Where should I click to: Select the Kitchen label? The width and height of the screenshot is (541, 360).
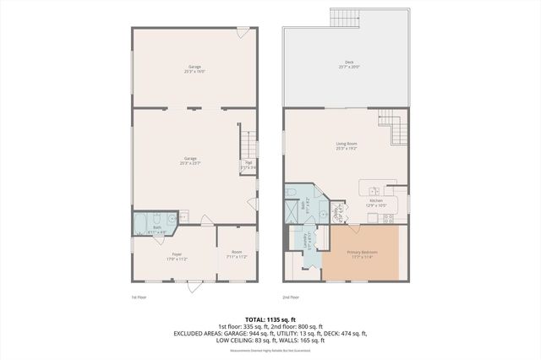click(376, 202)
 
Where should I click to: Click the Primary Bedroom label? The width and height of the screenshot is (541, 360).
click(363, 254)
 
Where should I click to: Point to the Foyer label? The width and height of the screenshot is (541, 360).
click(177, 255)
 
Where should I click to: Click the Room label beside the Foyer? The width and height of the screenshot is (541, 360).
click(238, 254)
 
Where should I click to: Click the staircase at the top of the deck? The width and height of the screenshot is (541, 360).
click(343, 17)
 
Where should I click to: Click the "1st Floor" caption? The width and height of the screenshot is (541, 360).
click(139, 297)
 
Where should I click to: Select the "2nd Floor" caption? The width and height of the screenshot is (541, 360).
click(292, 297)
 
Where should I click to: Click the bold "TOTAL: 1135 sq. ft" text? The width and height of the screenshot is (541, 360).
click(270, 319)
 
